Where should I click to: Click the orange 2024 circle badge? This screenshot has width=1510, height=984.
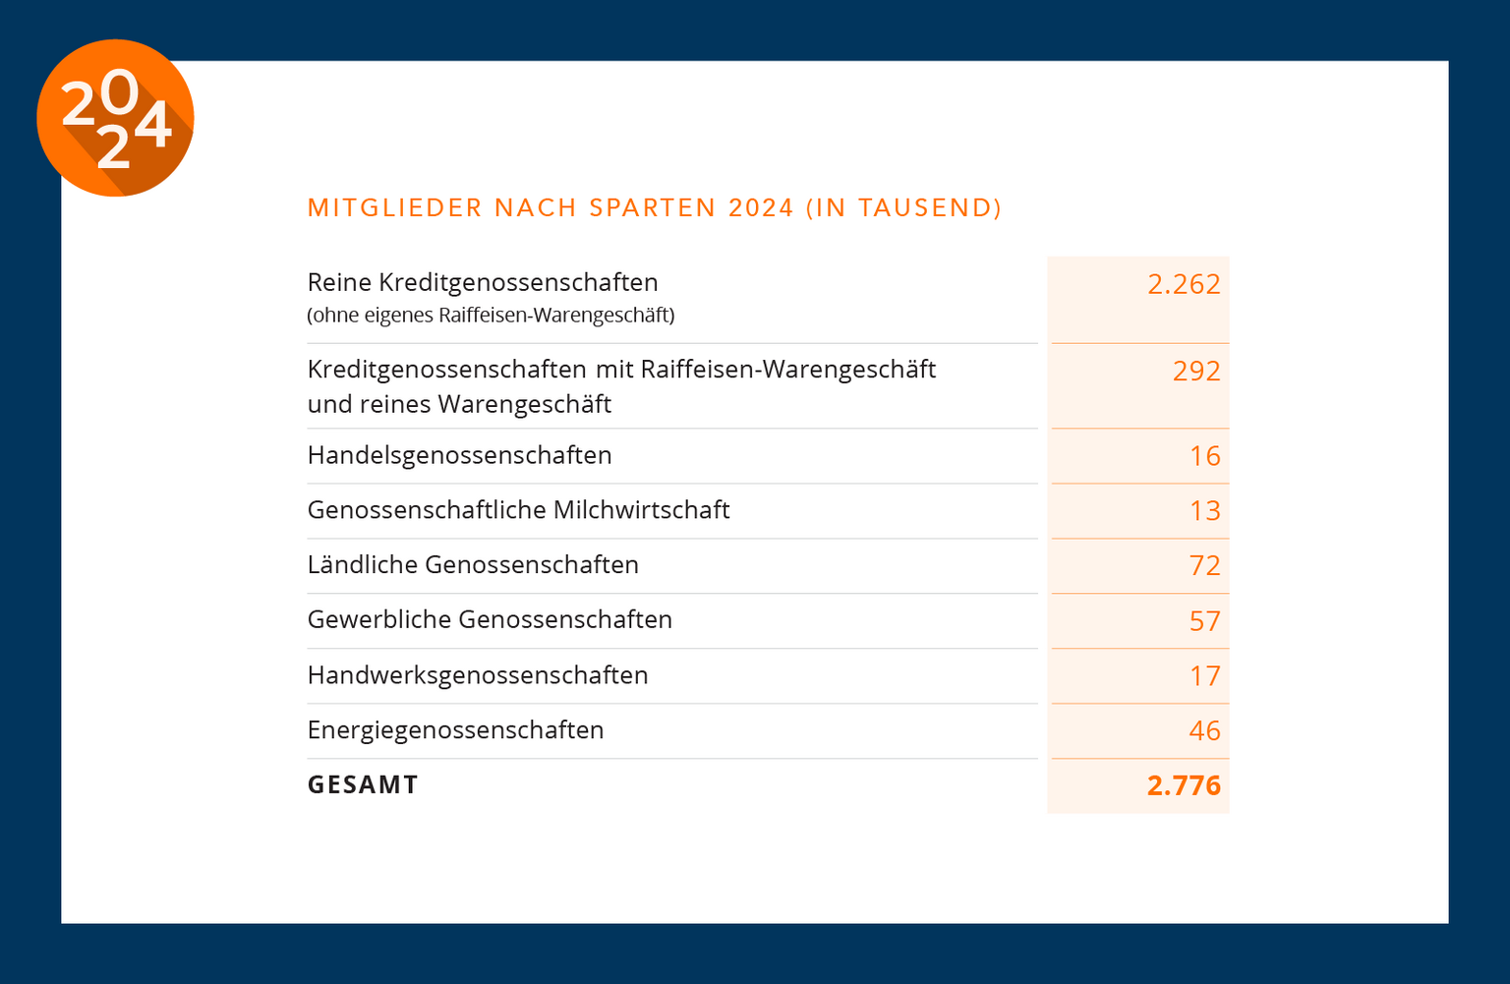[115, 118]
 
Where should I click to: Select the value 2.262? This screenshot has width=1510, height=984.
[1184, 284]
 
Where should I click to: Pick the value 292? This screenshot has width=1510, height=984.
[1196, 372]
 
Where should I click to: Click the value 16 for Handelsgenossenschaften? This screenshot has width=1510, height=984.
[1204, 456]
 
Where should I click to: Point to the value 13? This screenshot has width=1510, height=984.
[1204, 511]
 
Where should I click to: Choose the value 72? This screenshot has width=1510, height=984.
[1204, 566]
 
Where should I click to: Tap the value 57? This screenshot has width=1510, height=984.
[1204, 621]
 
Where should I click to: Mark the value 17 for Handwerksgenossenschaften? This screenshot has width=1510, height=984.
[1204, 676]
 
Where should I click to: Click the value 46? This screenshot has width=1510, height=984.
[1204, 731]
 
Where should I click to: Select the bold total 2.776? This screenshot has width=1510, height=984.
[1184, 785]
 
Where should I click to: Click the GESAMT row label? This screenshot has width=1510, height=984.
[363, 784]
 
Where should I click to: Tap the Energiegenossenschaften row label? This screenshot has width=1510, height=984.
[455, 730]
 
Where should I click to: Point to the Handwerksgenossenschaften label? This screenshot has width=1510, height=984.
[478, 675]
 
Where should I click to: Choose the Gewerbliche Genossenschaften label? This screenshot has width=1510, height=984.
[490, 619]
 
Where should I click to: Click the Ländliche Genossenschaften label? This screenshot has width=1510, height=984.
[473, 565]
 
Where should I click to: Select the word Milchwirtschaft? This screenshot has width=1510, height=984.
[641, 510]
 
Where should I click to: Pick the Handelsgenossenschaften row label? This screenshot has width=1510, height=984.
[459, 455]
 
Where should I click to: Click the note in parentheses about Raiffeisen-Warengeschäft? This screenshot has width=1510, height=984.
[491, 316]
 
